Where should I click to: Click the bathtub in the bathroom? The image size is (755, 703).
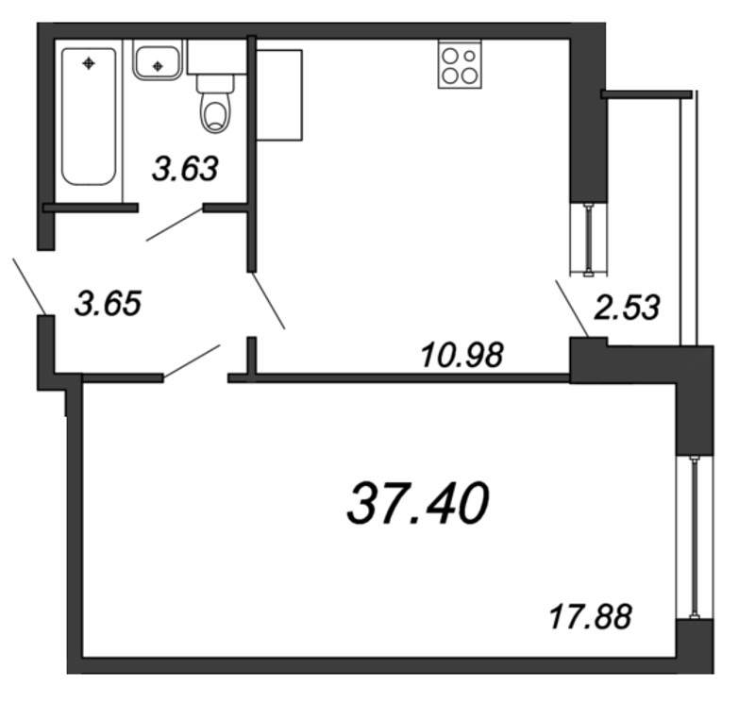[x=89, y=115]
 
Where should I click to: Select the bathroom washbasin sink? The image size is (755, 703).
[x=158, y=60]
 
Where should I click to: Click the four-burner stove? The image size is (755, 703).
[x=460, y=65]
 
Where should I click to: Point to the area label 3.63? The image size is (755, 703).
[x=185, y=169]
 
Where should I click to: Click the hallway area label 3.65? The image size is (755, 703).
[x=109, y=304]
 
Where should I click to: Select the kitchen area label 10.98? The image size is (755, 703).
[x=462, y=356]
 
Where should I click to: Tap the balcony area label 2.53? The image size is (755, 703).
[x=627, y=308]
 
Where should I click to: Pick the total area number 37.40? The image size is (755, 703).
[x=418, y=503]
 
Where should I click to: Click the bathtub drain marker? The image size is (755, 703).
[x=89, y=63]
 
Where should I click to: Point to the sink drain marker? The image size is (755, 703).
[x=158, y=65]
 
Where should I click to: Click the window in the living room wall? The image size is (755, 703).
[x=695, y=537]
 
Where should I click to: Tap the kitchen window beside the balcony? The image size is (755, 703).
[x=588, y=240]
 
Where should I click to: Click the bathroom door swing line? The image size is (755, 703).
[x=174, y=224]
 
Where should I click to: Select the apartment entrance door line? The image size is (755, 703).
[x=29, y=286]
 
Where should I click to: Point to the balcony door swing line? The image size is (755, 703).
[x=572, y=309]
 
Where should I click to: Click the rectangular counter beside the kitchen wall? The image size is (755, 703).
[x=279, y=95]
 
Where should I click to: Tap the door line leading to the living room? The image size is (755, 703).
[x=193, y=361]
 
